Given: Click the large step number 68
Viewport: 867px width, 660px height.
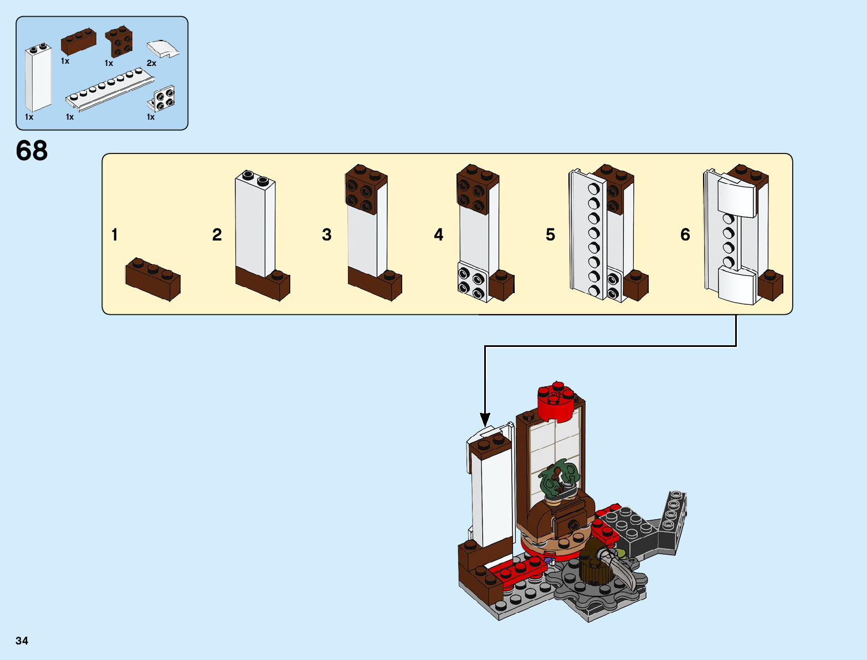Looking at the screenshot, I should [x=32, y=151].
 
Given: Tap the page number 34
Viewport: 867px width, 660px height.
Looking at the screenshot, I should [x=22, y=641].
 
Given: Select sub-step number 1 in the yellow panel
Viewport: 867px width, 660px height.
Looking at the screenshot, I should [x=115, y=235].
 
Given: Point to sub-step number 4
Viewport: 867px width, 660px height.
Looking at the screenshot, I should [x=438, y=235].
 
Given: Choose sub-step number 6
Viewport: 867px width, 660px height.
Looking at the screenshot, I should [x=685, y=235].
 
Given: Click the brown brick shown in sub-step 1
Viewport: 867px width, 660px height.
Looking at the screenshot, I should [x=153, y=278].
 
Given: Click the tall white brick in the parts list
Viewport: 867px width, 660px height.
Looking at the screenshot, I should [x=38, y=78].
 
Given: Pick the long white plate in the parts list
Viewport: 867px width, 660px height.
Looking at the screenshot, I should [x=109, y=91].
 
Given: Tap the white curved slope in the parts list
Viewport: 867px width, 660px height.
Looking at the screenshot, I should [x=163, y=49].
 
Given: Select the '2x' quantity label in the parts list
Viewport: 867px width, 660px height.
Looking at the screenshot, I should [x=151, y=63].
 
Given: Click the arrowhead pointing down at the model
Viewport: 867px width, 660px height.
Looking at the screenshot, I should [x=485, y=420].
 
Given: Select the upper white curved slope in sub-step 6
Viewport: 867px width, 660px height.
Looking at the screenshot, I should [x=737, y=195].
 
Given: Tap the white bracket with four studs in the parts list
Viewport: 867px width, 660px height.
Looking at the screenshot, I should [x=163, y=100].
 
